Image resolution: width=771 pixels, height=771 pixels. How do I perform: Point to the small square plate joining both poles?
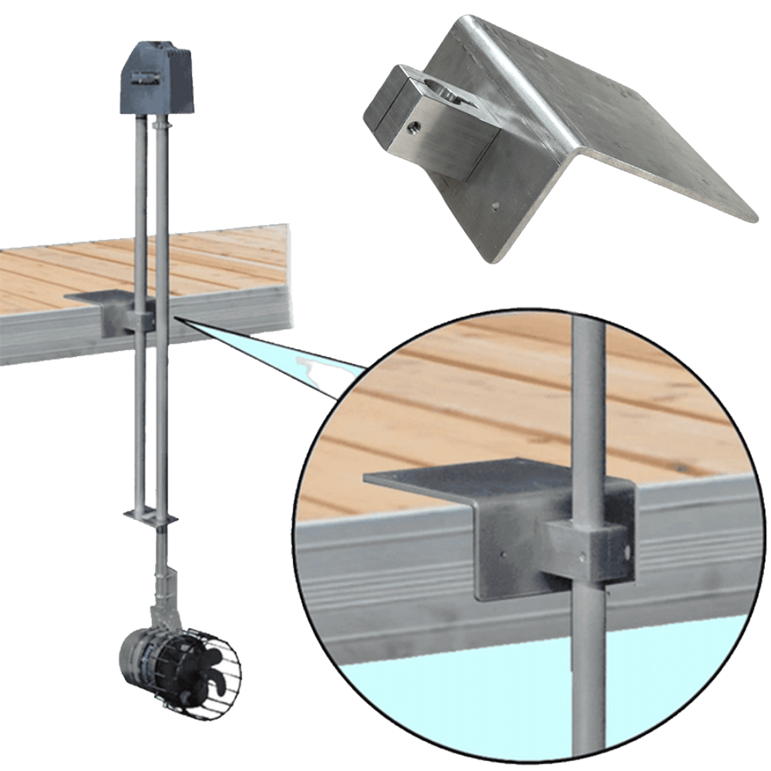[151, 515]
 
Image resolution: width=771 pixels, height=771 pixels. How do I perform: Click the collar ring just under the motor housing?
[160, 123]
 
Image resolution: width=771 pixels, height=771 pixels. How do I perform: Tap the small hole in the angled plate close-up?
[495, 206]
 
